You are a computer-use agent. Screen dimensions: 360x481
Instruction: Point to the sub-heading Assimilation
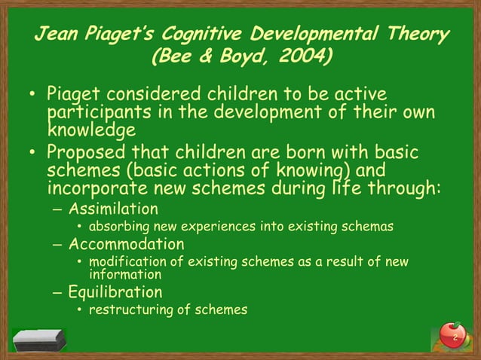coord(114,209)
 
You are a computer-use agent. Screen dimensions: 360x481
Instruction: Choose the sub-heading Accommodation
coord(126,245)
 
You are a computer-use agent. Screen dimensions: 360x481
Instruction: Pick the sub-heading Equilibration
coord(115,291)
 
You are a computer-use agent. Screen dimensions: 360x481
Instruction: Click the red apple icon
coord(452,334)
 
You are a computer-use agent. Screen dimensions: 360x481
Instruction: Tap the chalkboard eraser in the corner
coord(38,340)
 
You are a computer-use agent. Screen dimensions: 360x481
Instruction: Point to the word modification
coord(125,262)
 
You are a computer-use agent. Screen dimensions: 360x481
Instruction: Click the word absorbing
coord(116,226)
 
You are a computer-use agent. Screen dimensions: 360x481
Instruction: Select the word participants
coord(99,113)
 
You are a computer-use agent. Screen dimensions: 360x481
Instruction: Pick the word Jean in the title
coord(58,35)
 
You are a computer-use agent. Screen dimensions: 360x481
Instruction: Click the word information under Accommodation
coord(125,274)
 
